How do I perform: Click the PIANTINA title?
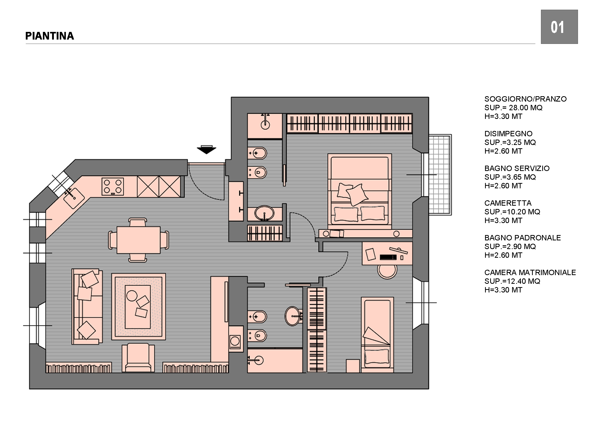[x=50, y=36]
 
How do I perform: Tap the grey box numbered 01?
[x=559, y=27]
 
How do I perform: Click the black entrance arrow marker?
[x=207, y=150]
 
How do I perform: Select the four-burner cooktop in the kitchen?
[x=113, y=186]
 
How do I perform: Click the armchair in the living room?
[x=138, y=358]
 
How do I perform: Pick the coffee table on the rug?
[x=138, y=307]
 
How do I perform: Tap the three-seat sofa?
[x=87, y=306]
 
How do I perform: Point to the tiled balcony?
[x=440, y=175]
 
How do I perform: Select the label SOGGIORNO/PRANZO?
[x=525, y=99]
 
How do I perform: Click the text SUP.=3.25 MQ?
[x=510, y=142]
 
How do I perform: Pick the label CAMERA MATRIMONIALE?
[x=530, y=273]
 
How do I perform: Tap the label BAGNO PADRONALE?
[x=523, y=238]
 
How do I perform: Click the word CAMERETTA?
[x=508, y=203]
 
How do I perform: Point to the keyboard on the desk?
[x=388, y=257]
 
